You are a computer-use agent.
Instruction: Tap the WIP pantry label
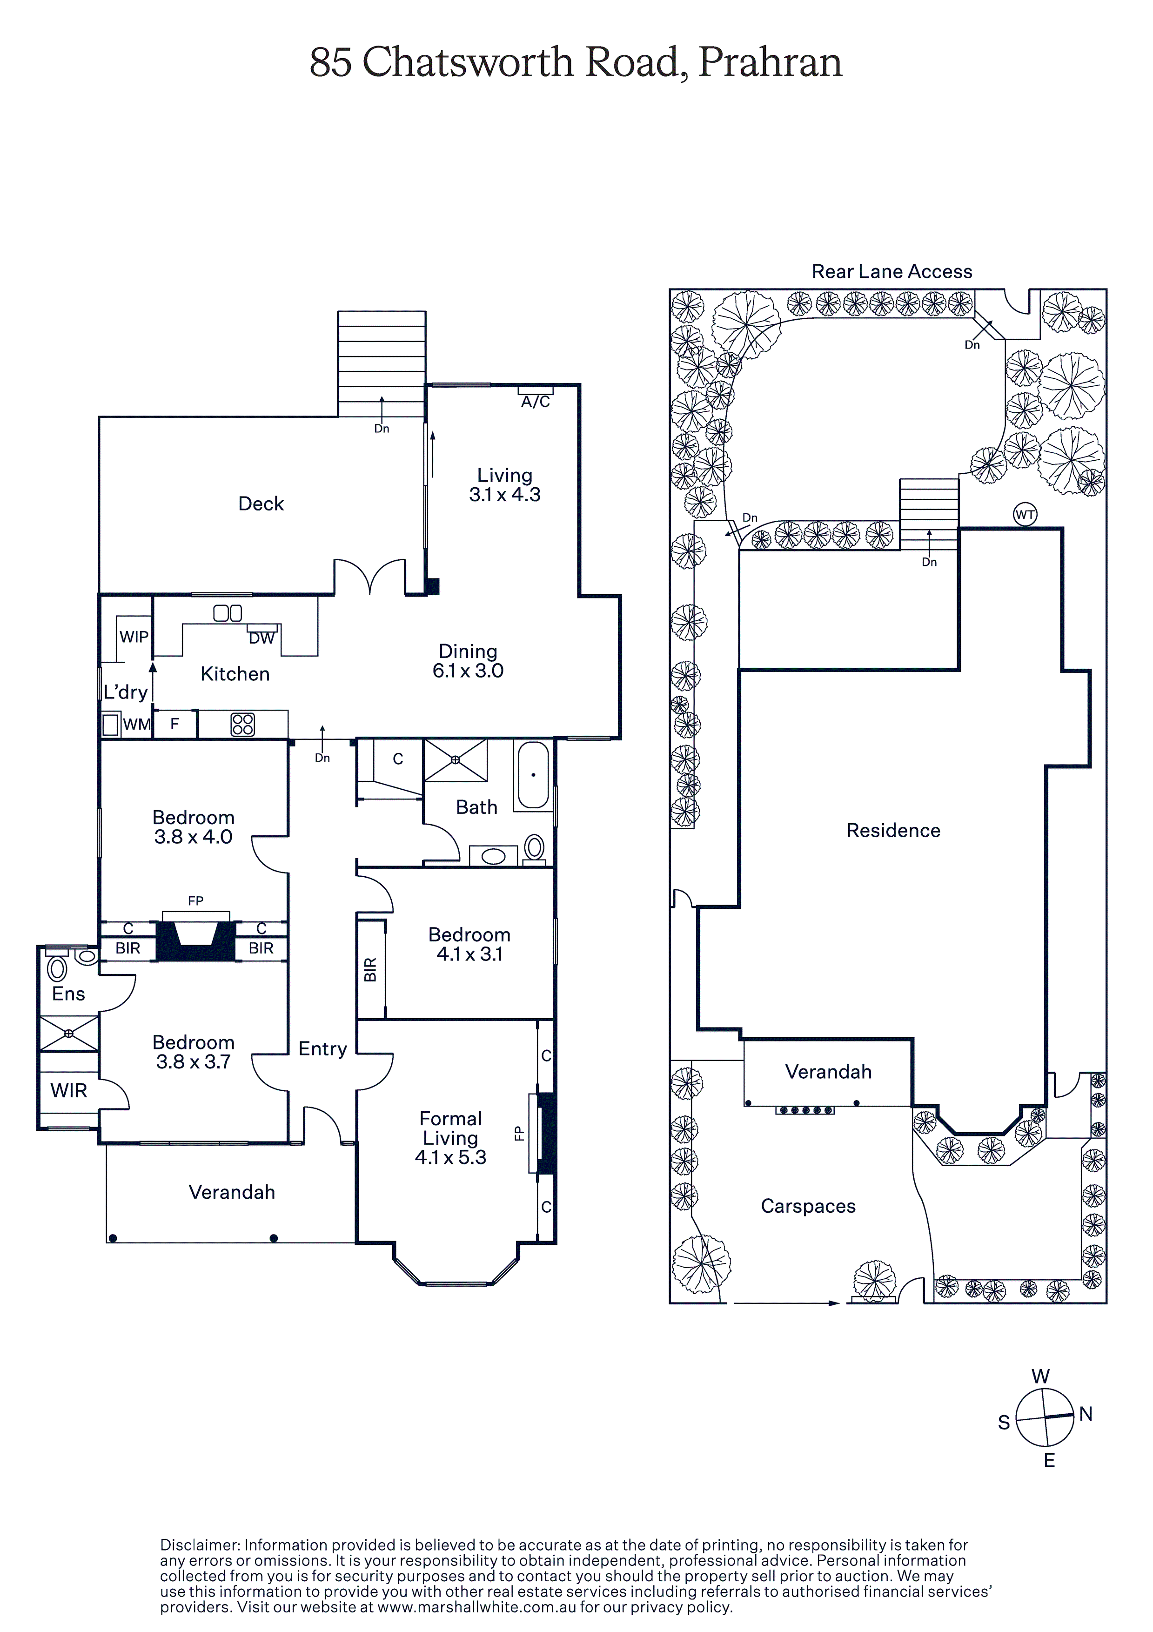[x=134, y=637]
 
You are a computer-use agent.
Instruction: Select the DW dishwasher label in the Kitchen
[x=261, y=638]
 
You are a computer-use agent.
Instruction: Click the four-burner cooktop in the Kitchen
[x=242, y=724]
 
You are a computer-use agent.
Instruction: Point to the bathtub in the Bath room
[x=533, y=775]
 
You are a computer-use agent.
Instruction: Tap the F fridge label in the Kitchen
[x=174, y=724]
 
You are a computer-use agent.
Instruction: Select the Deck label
[x=261, y=504]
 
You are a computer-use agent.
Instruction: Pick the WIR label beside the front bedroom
[x=68, y=1090]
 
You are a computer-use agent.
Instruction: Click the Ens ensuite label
[x=68, y=994]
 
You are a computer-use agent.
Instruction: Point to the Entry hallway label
[x=323, y=1049]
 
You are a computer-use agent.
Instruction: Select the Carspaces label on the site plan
[x=808, y=1206]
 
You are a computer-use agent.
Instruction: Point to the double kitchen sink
[x=228, y=613]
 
